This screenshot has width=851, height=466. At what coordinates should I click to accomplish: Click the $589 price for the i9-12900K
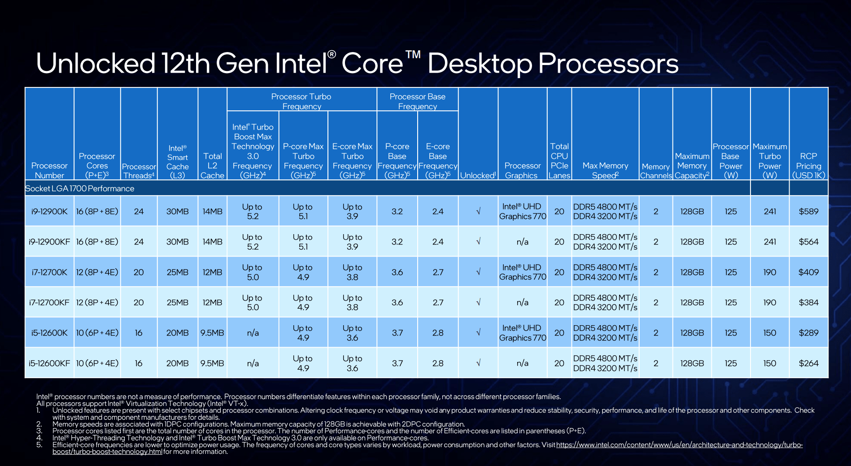(x=808, y=211)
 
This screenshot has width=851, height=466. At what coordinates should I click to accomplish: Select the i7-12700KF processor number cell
(x=49, y=303)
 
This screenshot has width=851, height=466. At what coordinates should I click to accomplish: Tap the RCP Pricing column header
(x=808, y=165)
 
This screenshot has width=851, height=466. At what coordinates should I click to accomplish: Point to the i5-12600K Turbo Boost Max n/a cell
(x=253, y=333)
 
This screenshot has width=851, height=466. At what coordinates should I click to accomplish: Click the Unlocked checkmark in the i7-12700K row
(x=478, y=272)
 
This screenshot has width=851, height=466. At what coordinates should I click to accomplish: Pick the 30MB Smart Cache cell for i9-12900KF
(x=177, y=242)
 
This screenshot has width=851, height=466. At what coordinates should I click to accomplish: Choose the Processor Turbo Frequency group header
(x=301, y=101)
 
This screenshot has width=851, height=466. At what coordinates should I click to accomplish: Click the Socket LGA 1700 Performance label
(x=80, y=188)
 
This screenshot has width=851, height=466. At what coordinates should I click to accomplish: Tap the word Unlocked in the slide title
(x=95, y=63)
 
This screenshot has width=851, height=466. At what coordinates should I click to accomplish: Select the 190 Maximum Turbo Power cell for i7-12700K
(x=770, y=272)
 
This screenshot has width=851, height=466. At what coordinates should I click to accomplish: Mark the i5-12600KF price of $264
(x=808, y=363)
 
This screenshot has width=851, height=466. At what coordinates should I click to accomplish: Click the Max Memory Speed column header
(x=605, y=170)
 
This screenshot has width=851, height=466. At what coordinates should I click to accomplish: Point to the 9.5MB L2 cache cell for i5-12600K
(x=212, y=333)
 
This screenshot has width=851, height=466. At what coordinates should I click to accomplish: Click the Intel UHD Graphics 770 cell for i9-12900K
(x=523, y=211)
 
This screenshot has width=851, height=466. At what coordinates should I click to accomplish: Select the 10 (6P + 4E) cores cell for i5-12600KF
(x=97, y=363)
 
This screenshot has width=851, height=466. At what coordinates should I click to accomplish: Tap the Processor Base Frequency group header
(x=417, y=101)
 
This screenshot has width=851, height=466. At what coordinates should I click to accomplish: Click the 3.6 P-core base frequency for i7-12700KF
(x=397, y=303)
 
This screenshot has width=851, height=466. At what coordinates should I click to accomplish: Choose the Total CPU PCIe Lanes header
(x=559, y=161)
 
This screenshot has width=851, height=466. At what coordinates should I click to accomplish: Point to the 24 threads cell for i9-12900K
(x=139, y=211)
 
